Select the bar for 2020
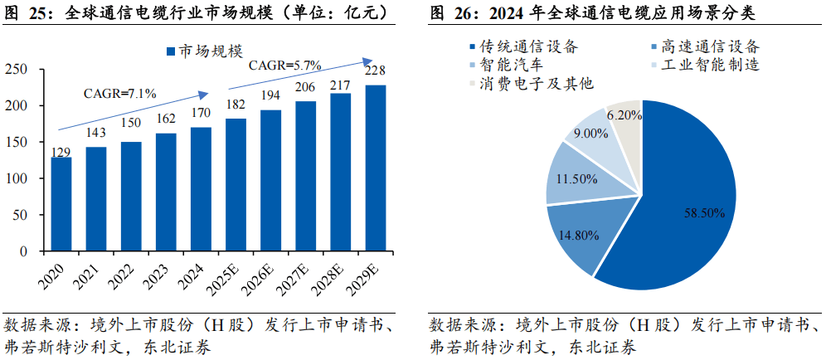point(61,204)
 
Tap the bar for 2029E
point(376,168)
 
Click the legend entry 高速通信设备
point(702,46)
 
